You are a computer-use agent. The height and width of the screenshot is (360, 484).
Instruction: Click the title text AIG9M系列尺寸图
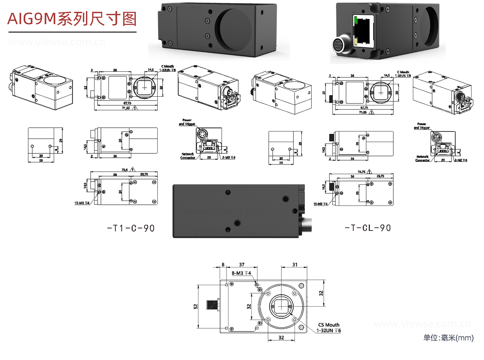[72, 19]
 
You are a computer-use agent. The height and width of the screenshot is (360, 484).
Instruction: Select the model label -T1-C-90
[131, 228]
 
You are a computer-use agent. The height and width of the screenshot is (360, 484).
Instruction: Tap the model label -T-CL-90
[368, 228]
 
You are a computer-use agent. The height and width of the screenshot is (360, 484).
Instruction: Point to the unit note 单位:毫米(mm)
[448, 338]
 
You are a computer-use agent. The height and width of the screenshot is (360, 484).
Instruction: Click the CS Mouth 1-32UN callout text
[329, 328]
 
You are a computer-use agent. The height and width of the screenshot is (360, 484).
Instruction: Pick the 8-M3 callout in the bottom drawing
[241, 273]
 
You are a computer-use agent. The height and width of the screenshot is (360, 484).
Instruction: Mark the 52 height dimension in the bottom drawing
[196, 306]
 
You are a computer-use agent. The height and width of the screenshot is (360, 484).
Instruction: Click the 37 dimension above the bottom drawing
[242, 264]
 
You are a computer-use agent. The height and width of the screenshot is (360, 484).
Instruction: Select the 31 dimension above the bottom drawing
[295, 264]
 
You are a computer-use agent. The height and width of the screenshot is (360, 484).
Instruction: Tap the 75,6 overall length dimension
[124, 170]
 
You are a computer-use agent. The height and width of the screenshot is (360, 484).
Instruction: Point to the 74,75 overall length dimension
[361, 172]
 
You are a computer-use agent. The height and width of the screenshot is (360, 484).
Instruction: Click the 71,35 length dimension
[126, 108]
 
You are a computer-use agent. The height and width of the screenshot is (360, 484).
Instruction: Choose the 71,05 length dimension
[363, 112]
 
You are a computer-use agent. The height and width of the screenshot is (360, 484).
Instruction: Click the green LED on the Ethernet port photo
[355, 19]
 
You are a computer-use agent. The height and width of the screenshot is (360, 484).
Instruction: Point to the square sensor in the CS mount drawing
[281, 306]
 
